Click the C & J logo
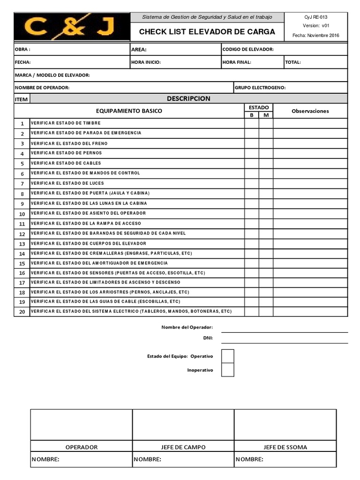coord(72,27)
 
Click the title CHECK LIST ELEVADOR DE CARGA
coord(207,32)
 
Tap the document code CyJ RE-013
coord(315,17)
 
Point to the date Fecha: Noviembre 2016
coord(315,36)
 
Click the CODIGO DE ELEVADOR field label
coord(248,49)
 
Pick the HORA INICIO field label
coord(146,62)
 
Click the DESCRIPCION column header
coord(188,98)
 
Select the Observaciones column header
coord(310,111)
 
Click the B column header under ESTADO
coord(251,115)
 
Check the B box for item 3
coord(251,143)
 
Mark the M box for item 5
coord(266,163)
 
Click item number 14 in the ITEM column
coord(22,254)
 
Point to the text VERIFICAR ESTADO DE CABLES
coord(66,163)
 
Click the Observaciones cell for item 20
coord(310,312)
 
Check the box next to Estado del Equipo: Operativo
coord(227,356)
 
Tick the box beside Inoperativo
coord(227,370)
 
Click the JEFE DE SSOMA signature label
coord(285,447)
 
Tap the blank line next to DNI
coord(284,338)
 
